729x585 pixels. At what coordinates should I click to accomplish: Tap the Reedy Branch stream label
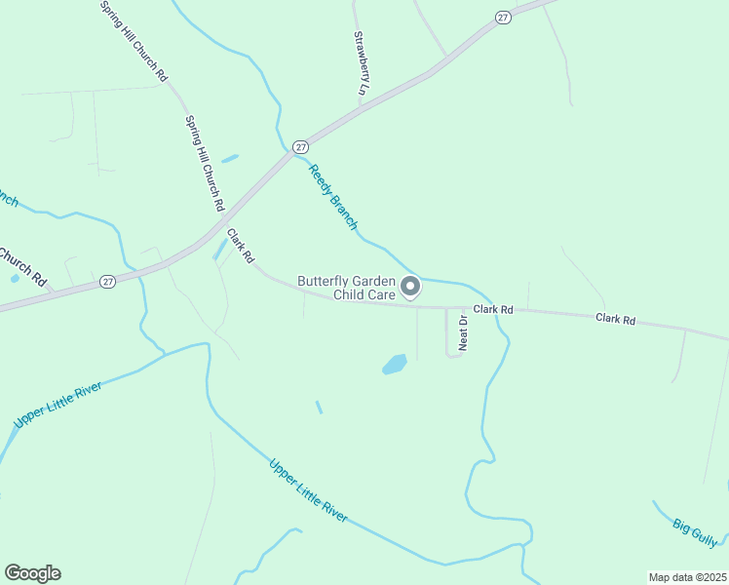[333, 197]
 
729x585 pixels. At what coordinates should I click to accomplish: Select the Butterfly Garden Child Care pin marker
[411, 287]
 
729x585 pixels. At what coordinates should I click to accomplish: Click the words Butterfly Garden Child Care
[346, 287]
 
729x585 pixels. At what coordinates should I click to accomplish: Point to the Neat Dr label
[465, 331]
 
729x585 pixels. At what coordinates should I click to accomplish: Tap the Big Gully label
[695, 531]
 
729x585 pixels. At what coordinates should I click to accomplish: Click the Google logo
[32, 573]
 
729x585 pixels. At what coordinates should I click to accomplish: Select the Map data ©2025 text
[687, 577]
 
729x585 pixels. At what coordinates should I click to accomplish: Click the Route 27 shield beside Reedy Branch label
[301, 145]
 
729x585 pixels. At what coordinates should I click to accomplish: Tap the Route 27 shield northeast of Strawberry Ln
[502, 18]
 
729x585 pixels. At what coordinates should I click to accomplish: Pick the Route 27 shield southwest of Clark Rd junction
[107, 281]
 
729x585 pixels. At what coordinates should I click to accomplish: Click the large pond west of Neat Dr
[394, 365]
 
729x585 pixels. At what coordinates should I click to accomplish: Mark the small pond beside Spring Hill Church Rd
[230, 158]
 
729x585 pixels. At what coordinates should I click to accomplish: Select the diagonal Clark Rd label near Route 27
[241, 246]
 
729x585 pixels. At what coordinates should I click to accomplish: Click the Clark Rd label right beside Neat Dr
[493, 309]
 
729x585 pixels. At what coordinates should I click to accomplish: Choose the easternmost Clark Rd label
[615, 319]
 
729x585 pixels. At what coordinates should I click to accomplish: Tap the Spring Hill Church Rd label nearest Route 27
[205, 164]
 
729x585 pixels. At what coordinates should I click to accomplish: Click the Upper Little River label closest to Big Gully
[308, 490]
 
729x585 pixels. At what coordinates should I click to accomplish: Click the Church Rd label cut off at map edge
[21, 265]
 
